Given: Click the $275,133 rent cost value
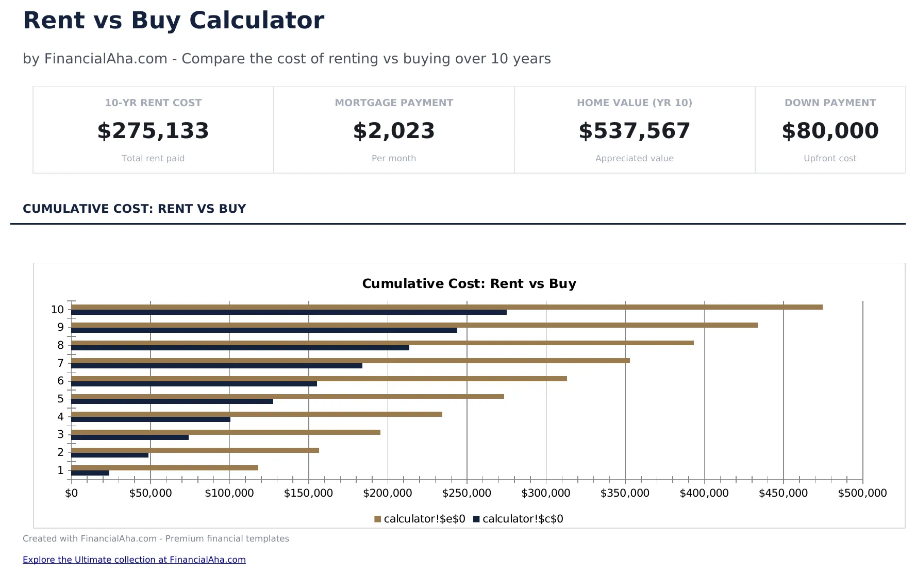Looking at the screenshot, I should (153, 131).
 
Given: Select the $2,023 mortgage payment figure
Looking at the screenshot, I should (394, 131).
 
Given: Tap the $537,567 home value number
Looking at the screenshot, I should (634, 131).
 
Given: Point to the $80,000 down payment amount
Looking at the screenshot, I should (830, 131).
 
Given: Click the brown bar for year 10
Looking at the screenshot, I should (446, 307).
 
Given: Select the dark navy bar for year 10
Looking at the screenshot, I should (289, 312).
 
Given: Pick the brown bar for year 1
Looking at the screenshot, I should (164, 468).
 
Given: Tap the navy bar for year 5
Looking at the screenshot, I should (172, 401).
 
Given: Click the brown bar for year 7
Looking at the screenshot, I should (351, 361).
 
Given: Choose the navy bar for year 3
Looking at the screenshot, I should (129, 437).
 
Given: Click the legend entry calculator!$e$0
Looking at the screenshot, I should (420, 519).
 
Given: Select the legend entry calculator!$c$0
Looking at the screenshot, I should (518, 519).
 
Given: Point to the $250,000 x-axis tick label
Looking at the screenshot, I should (467, 493).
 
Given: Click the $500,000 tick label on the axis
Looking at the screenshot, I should (862, 493).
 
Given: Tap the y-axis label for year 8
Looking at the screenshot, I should (60, 345).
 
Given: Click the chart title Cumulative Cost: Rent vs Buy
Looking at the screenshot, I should (469, 284).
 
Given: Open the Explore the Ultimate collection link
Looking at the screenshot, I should (134, 560).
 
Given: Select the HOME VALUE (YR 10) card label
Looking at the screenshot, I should (634, 103).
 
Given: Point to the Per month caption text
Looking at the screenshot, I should (394, 158).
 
